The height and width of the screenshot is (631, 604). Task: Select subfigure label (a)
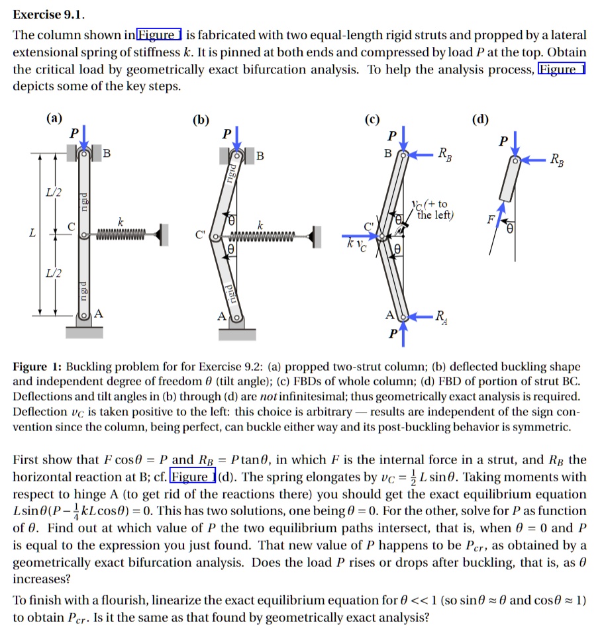[x=54, y=119]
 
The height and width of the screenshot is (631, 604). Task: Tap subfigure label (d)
[x=480, y=119]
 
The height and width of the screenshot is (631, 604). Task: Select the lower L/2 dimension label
[x=50, y=273]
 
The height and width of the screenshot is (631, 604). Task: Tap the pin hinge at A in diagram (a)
[x=84, y=315]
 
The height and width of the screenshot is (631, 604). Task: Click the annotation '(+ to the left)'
[x=432, y=209]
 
